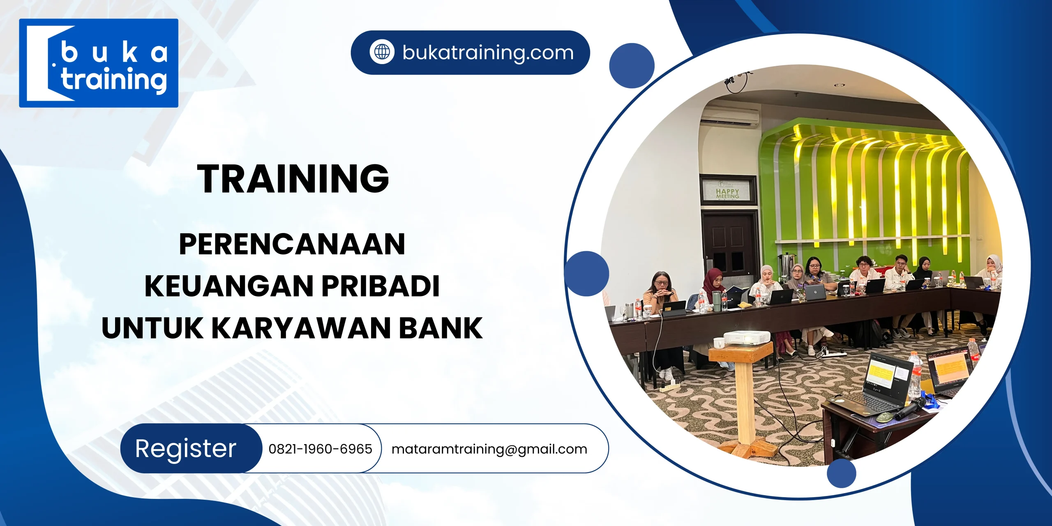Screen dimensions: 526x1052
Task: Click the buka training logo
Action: coord(99,63)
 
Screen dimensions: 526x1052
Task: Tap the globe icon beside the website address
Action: coord(382,52)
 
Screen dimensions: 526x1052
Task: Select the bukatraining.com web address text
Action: coord(488,53)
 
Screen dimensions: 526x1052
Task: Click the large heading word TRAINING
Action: coord(293,178)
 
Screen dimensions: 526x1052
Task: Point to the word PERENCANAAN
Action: coord(292,244)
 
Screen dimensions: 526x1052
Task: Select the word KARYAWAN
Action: coord(301,328)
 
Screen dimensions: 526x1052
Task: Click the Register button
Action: coord(186,448)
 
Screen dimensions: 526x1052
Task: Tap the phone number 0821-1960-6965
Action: coord(320,449)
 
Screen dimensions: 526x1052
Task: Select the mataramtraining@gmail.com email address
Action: coord(489,449)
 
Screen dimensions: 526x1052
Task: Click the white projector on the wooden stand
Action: coord(746,337)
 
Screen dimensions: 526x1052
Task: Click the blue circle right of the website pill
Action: coord(632,66)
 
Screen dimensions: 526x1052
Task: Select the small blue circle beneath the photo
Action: coord(841,473)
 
